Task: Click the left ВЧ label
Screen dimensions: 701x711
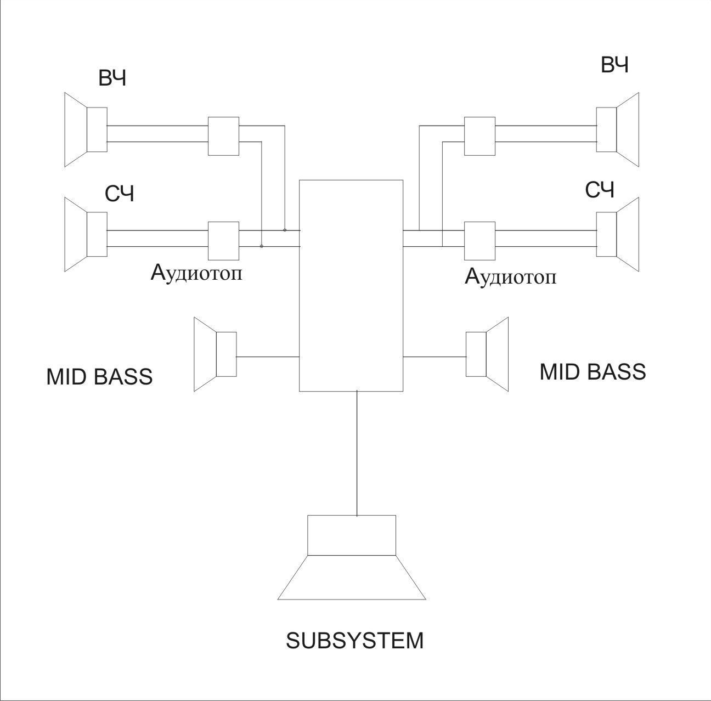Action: (112, 79)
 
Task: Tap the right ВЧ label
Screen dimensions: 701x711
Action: (614, 65)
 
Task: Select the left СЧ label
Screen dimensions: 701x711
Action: (119, 194)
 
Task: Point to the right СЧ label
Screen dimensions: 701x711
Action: (600, 190)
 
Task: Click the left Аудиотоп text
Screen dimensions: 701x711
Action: (196, 273)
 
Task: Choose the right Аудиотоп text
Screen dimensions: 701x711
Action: (510, 276)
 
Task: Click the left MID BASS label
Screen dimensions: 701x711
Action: (99, 377)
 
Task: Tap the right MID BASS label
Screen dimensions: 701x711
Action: (592, 372)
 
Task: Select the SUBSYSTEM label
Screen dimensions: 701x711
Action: (355, 641)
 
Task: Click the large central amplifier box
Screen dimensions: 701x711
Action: (351, 285)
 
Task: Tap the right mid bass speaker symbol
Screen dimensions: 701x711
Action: (487, 354)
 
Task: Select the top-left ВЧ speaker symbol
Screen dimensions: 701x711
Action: (86, 129)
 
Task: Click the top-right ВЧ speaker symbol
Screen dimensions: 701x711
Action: (618, 129)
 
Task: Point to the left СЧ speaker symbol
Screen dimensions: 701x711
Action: (86, 234)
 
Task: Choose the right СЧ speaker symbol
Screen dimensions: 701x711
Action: (618, 234)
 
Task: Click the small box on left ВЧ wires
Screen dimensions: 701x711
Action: (223, 135)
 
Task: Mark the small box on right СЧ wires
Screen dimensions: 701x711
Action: (479, 241)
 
